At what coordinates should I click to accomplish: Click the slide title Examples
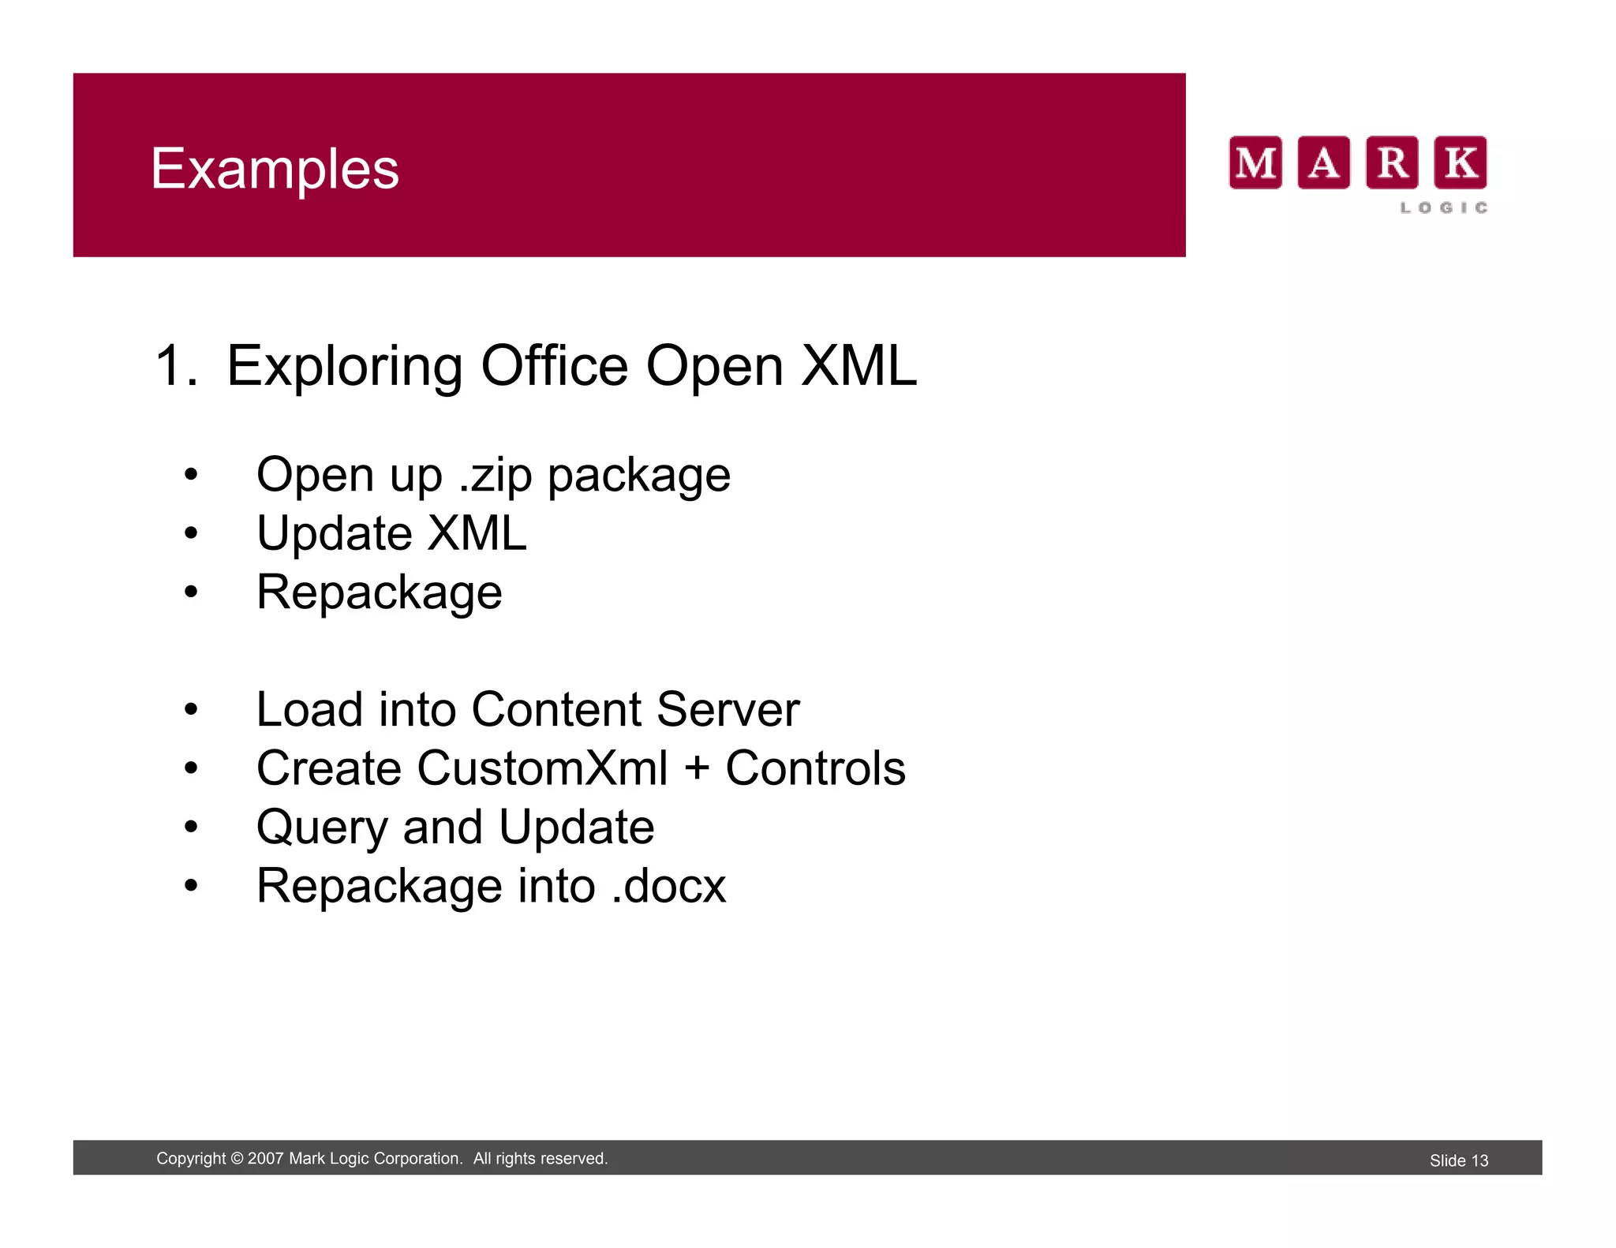pyautogui.click(x=275, y=169)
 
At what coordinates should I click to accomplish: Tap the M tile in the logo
pyautogui.click(x=1255, y=163)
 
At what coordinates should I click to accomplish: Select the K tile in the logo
pyautogui.click(x=1460, y=163)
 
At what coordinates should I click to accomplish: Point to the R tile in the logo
pyautogui.click(x=1392, y=163)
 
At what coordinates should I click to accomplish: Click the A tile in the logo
pyautogui.click(x=1323, y=163)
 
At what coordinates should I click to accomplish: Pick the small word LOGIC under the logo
pyautogui.click(x=1444, y=207)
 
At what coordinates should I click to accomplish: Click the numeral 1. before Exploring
pyautogui.click(x=176, y=366)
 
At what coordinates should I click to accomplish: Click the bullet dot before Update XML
pyautogui.click(x=190, y=534)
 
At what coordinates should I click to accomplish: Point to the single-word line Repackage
pyautogui.click(x=379, y=592)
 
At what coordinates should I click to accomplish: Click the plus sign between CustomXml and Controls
pyautogui.click(x=697, y=769)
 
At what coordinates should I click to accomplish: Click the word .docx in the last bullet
pyautogui.click(x=668, y=886)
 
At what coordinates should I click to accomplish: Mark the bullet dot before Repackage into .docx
pyautogui.click(x=190, y=886)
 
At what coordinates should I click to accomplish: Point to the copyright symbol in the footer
pyautogui.click(x=237, y=1159)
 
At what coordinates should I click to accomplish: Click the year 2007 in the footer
pyautogui.click(x=265, y=1159)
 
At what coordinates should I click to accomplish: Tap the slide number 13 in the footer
pyautogui.click(x=1479, y=1160)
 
